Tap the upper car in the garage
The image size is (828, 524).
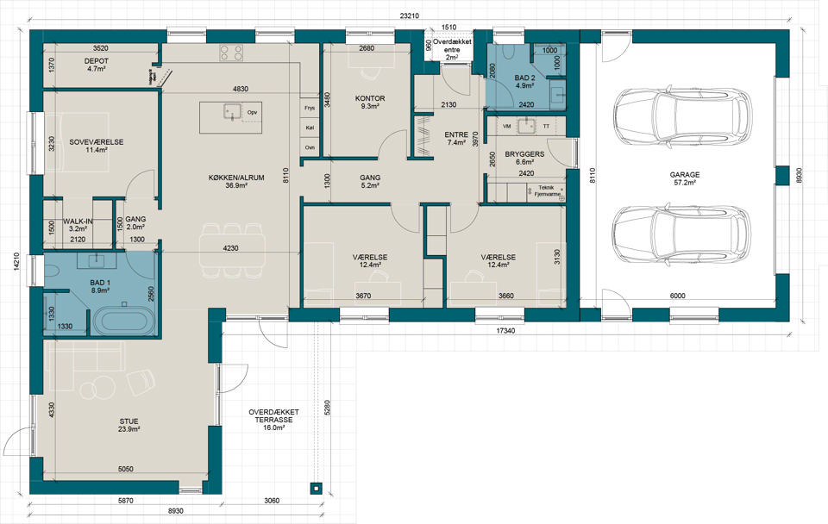click(681, 115)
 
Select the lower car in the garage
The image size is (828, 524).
click(681, 234)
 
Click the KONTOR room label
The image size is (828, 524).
click(370, 98)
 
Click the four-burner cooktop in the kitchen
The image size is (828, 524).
click(231, 53)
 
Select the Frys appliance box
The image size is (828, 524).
click(310, 108)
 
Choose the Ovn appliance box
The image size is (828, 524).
click(310, 147)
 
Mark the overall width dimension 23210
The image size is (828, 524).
click(409, 16)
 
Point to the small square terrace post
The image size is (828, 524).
click(316, 489)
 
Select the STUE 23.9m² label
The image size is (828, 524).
click(129, 426)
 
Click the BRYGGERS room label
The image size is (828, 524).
click(524, 154)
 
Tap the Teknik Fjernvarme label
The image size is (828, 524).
click(547, 190)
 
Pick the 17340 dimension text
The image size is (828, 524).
click(506, 332)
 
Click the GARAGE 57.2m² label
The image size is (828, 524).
click(685, 178)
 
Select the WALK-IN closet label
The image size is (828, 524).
click(78, 221)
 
